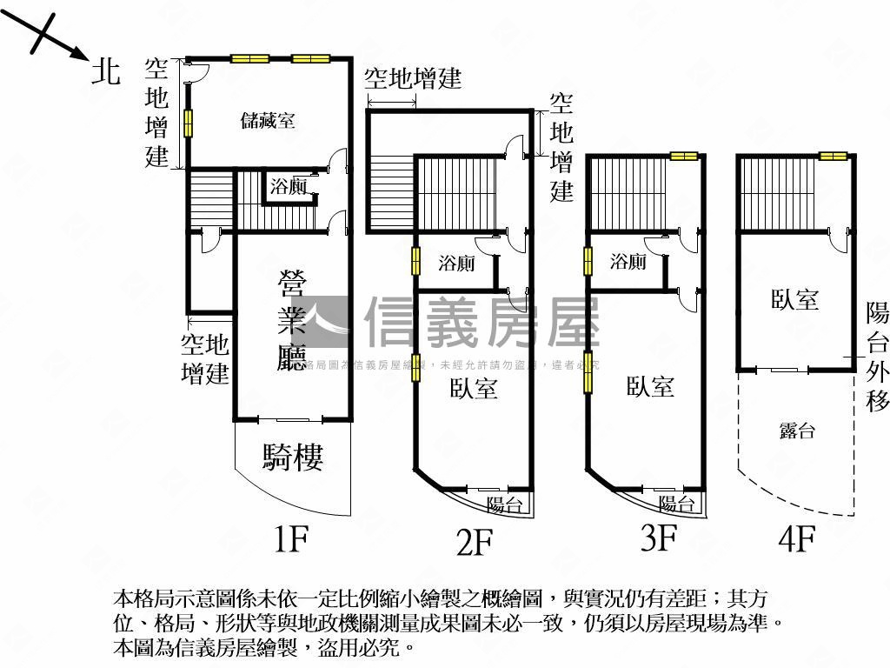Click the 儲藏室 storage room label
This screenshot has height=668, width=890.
point(268,121)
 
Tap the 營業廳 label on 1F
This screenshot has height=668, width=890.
point(292,321)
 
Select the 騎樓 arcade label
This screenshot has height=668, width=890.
point(293,457)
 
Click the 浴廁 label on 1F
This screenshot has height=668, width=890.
point(288,185)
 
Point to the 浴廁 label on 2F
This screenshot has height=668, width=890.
point(456,263)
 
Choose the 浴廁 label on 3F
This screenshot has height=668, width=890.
point(628,261)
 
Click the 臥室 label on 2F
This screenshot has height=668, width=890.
point(474,388)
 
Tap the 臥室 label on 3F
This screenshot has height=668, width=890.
point(650,385)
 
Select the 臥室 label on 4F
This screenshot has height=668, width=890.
point(795,299)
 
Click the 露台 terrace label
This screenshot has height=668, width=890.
point(796,430)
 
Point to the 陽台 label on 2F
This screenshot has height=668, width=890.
point(504,504)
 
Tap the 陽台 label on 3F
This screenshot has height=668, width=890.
point(676,504)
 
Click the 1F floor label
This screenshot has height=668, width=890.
point(291,540)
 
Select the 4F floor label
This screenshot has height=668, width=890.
point(796,540)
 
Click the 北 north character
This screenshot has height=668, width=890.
point(106,72)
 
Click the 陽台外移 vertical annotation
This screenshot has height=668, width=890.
point(877,357)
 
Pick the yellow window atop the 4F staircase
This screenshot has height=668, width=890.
point(833,157)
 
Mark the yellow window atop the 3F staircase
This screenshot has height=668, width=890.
point(684,157)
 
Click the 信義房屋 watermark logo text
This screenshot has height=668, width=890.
point(482,322)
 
